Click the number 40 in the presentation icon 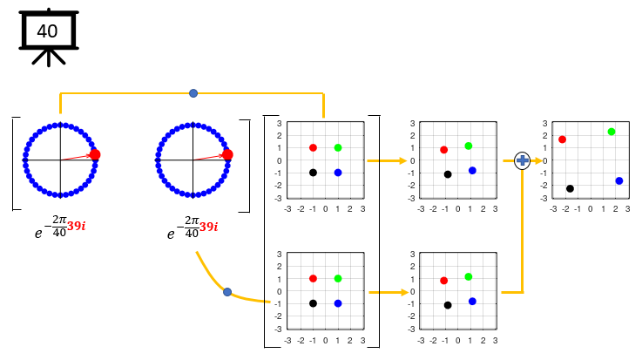(47, 31)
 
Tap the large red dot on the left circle (95, 154)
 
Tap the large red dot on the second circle (227, 154)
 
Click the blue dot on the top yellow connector (193, 92)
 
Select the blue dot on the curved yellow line (227, 292)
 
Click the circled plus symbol (522, 160)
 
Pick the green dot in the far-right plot (612, 132)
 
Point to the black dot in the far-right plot (570, 188)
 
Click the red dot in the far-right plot (562, 139)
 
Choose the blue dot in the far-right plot (619, 180)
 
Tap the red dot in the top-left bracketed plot (313, 147)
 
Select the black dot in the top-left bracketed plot (313, 173)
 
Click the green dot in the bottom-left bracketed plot (338, 278)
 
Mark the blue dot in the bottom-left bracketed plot (338, 303)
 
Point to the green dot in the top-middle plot (469, 146)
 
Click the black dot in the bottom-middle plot (448, 305)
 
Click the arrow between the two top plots (388, 160)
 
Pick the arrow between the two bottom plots (388, 292)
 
